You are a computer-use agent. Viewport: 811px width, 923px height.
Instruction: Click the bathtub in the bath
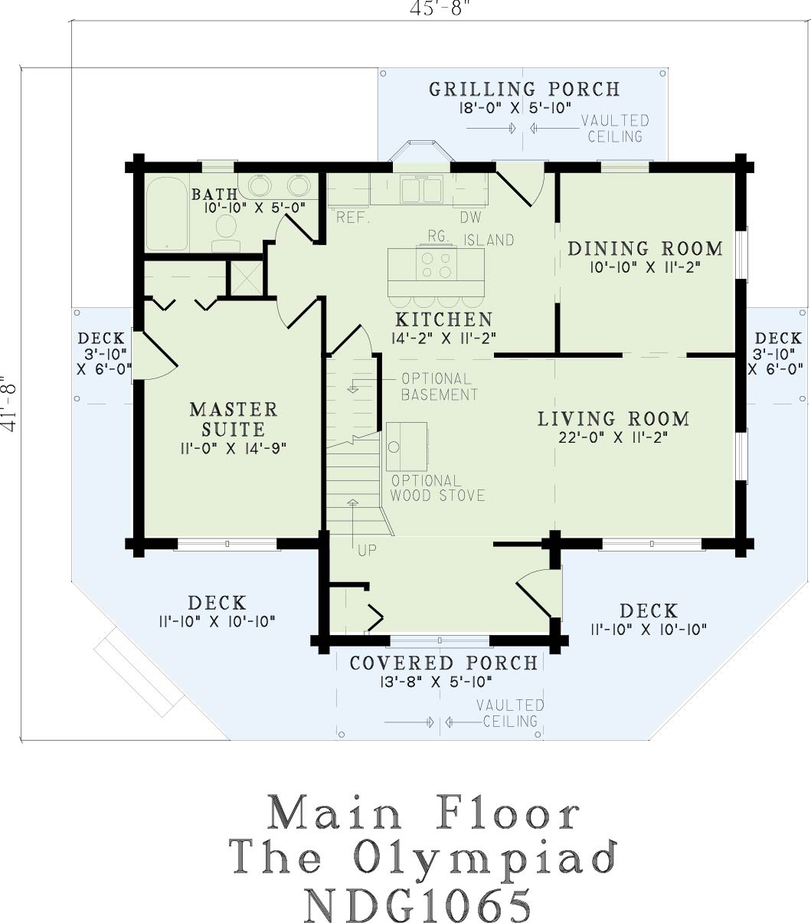pyautogui.click(x=167, y=214)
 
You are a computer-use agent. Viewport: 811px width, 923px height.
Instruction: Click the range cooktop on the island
pyautogui.click(x=437, y=265)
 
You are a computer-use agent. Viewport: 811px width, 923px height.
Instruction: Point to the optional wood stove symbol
pyautogui.click(x=407, y=447)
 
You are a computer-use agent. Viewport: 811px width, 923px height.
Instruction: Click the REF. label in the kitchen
pyautogui.click(x=353, y=218)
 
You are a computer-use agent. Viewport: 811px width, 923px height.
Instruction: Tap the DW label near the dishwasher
pyautogui.click(x=471, y=218)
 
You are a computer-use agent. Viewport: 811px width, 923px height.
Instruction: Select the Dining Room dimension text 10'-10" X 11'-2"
pyautogui.click(x=645, y=267)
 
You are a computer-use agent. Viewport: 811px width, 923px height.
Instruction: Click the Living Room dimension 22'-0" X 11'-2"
pyautogui.click(x=613, y=437)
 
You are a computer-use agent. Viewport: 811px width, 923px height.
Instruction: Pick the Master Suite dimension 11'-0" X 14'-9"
pyautogui.click(x=234, y=448)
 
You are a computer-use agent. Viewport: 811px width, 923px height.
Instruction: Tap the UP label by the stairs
pyautogui.click(x=367, y=551)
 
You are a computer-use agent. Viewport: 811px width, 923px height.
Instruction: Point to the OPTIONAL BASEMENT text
pyautogui.click(x=440, y=387)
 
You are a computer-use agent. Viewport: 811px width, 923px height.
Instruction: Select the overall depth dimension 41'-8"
pyautogui.click(x=9, y=403)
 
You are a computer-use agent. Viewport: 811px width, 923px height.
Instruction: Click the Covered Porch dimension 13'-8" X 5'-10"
pyautogui.click(x=436, y=682)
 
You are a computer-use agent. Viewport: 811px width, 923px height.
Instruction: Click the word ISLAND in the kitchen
pyautogui.click(x=489, y=240)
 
